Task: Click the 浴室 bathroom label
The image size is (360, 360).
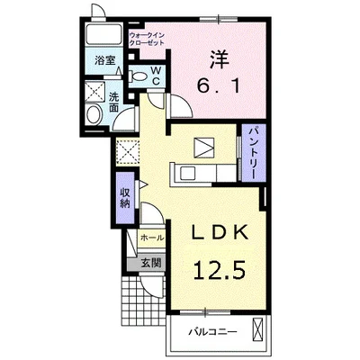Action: pyautogui.click(x=104, y=60)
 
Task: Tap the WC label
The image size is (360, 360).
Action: pyautogui.click(x=156, y=76)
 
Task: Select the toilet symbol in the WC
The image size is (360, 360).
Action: pyautogui.click(x=137, y=77)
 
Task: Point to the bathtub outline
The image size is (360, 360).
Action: pyautogui.click(x=103, y=34)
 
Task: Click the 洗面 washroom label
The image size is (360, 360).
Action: pyautogui.click(x=113, y=103)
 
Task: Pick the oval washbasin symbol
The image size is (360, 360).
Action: pyautogui.click(x=94, y=114)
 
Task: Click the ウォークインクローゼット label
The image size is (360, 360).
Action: pyautogui.click(x=147, y=39)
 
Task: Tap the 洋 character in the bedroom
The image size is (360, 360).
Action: pyautogui.click(x=219, y=59)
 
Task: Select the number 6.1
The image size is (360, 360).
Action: pyautogui.click(x=219, y=86)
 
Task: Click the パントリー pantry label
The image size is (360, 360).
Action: pyautogui.click(x=255, y=153)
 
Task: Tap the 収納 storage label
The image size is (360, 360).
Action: pyautogui.click(x=125, y=198)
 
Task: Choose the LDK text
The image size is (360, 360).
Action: pyautogui.click(x=220, y=232)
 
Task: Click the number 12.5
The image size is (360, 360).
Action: pyautogui.click(x=220, y=270)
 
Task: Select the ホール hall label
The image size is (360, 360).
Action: pyautogui.click(x=152, y=238)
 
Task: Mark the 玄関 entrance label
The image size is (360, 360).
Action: pyautogui.click(x=151, y=263)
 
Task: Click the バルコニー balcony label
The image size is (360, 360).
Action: pyautogui.click(x=212, y=332)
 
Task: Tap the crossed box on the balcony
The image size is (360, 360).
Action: pyautogui.click(x=257, y=328)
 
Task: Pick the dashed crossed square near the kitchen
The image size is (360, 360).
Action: pyautogui.click(x=127, y=152)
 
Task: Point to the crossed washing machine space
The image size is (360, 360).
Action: pyautogui.click(x=94, y=91)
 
